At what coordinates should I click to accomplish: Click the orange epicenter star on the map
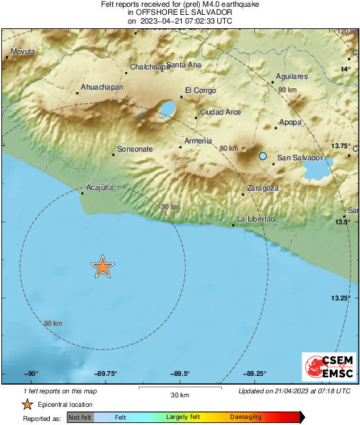click(102, 267)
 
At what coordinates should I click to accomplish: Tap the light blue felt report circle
click(263, 156)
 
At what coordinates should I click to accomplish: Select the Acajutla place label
click(100, 188)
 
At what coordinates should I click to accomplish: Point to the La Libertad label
click(256, 220)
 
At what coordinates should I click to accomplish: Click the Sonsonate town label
click(135, 149)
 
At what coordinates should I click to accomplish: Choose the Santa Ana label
click(184, 65)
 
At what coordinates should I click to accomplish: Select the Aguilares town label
click(292, 77)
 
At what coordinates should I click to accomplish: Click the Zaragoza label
click(262, 189)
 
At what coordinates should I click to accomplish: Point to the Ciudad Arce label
click(220, 112)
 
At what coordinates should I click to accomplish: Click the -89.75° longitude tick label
click(106, 374)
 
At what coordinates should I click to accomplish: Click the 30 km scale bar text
click(180, 395)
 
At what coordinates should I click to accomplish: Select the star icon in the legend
click(27, 404)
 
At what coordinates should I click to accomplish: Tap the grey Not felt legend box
click(81, 418)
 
